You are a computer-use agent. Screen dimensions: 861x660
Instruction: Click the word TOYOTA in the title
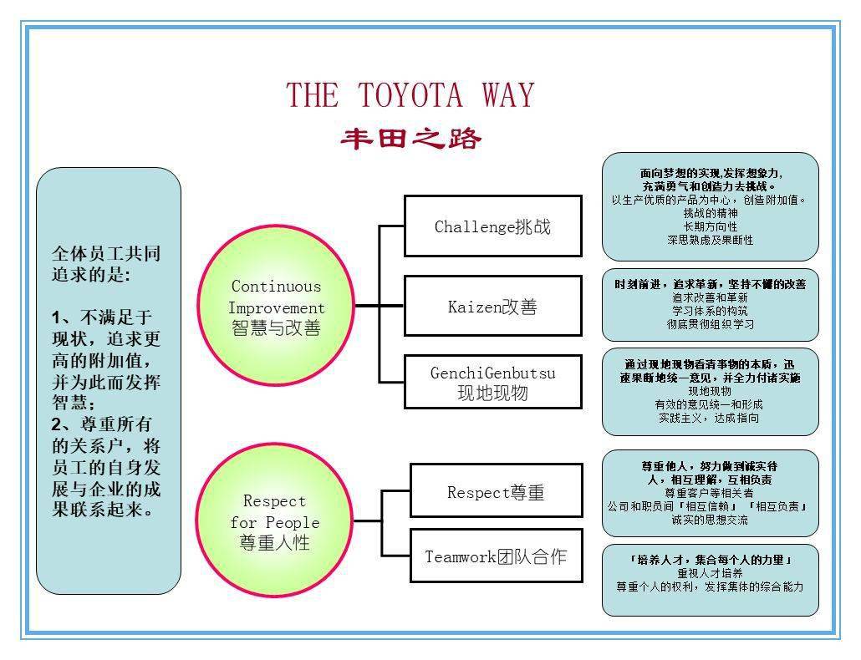[x=410, y=95]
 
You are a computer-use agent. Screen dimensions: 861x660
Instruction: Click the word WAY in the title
[x=508, y=95]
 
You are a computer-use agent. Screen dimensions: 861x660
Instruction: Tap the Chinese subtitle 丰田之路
[x=410, y=138]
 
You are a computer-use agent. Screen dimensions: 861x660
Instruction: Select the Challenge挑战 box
[x=492, y=226]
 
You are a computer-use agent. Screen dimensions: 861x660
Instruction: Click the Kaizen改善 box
[x=492, y=306]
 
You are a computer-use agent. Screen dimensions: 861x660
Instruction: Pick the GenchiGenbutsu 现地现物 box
[x=492, y=382]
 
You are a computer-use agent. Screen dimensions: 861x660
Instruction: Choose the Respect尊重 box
[x=496, y=490]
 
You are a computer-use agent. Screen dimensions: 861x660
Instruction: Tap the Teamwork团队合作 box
[x=496, y=556]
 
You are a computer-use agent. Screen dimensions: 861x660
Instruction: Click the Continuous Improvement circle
[x=276, y=306]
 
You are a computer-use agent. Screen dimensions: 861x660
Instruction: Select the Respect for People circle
[x=274, y=520]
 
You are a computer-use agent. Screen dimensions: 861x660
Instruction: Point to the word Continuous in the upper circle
[x=276, y=286]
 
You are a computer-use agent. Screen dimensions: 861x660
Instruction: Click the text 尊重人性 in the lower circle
[x=274, y=542]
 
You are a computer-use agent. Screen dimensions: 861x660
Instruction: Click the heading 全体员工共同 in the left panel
[x=106, y=253]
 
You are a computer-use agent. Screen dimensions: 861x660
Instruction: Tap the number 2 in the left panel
[x=56, y=424]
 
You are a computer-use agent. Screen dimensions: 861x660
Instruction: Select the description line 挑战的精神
[x=710, y=213]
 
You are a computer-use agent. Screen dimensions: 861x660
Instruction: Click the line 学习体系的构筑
[x=710, y=311]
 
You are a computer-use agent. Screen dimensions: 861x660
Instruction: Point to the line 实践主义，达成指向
[x=709, y=418]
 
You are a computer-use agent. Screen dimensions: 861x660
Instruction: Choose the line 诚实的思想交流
[x=710, y=520]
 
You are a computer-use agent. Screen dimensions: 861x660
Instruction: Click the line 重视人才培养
[x=710, y=573]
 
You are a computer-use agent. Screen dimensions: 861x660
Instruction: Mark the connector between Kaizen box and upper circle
[x=380, y=305]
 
